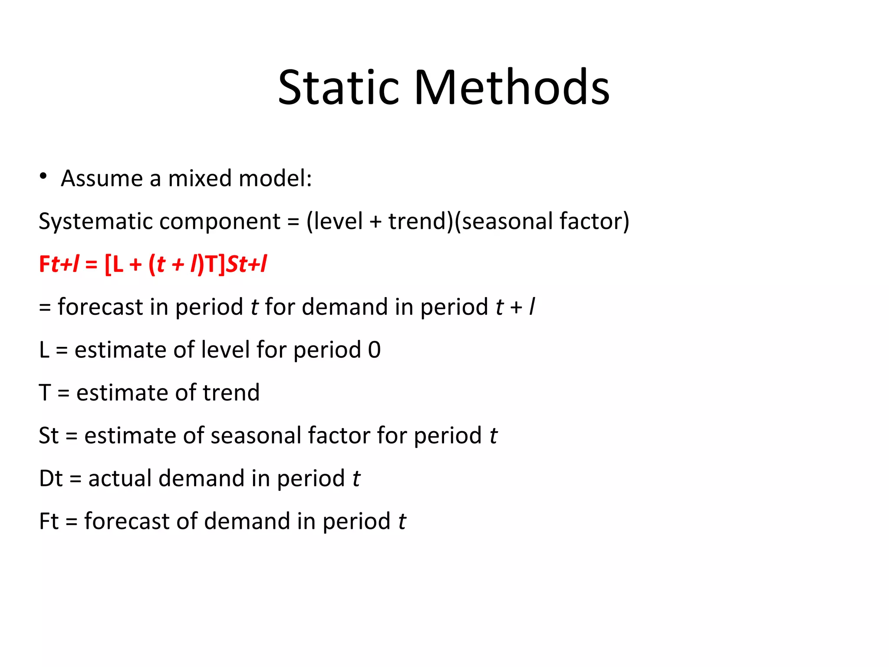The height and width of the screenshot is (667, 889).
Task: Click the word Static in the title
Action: click(338, 88)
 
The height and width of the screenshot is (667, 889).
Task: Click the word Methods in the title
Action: click(512, 88)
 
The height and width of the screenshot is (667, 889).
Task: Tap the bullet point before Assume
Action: click(43, 176)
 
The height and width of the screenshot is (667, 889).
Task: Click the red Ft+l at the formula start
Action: click(59, 264)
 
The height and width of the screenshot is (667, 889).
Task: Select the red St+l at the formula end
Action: click(246, 264)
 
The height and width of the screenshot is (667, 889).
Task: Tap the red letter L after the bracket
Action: click(118, 264)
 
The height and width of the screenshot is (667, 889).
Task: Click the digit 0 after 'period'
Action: click(374, 350)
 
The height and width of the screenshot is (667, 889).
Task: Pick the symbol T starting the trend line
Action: click(45, 393)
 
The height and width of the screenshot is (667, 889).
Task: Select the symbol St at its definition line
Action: click(48, 436)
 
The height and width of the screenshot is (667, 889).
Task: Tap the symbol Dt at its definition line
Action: click(50, 479)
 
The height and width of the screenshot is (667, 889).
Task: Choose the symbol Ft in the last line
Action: click(48, 521)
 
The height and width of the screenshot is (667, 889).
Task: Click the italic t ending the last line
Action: click(402, 521)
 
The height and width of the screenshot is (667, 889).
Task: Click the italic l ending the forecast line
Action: click(532, 307)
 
